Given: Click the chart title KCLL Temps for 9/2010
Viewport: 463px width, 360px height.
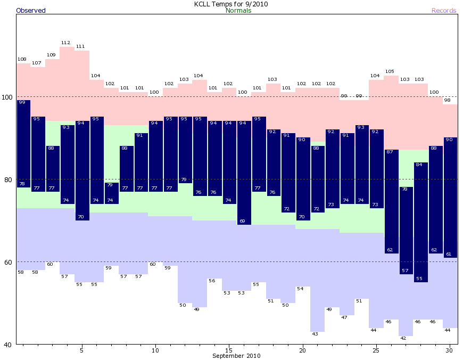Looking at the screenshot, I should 231,4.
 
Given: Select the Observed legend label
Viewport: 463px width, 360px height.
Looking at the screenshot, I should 31,11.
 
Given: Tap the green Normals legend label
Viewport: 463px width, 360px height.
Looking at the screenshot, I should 238,11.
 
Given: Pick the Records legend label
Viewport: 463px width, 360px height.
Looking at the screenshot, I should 444,11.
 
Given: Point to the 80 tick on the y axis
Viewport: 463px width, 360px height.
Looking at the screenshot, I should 9,179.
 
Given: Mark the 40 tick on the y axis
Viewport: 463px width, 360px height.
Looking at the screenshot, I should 9,345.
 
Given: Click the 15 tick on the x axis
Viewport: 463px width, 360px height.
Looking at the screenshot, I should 229,350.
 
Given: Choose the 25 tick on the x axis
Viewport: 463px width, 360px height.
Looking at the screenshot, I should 376,350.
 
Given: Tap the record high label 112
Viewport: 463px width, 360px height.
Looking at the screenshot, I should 66,43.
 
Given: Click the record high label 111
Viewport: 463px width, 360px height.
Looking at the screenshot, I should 80,47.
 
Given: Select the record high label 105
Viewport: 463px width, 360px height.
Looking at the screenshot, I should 390,71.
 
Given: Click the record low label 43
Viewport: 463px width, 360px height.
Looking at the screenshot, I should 315,334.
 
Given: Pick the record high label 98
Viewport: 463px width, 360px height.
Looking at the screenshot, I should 448,100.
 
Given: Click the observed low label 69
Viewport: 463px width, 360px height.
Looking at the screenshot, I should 243,221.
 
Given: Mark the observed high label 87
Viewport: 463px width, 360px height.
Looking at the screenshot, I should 390,152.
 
